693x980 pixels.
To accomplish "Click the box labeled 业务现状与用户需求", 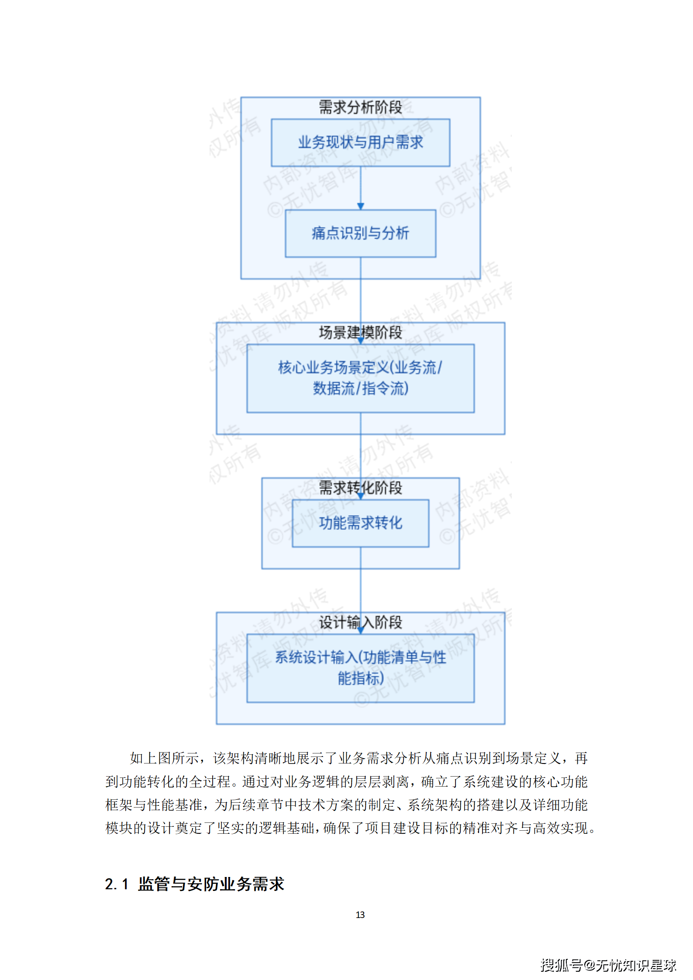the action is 360,142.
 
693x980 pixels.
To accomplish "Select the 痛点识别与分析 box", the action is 360,233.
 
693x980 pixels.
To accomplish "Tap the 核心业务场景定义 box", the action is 360,378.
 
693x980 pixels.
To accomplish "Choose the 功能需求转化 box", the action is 360,523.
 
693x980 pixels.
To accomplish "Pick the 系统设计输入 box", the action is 360,668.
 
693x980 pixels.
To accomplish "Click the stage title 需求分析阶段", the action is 360,107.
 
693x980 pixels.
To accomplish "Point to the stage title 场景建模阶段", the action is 360,333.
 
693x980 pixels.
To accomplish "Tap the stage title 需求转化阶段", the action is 360,488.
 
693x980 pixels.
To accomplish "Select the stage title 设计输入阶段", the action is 360,622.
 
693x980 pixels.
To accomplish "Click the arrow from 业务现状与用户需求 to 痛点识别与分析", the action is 361,188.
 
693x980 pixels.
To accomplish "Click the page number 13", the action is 360,915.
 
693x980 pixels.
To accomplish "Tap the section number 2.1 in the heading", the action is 116,884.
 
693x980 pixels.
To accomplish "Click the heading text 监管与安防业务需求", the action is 211,884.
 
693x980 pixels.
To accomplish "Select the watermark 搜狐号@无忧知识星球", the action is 608,965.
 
